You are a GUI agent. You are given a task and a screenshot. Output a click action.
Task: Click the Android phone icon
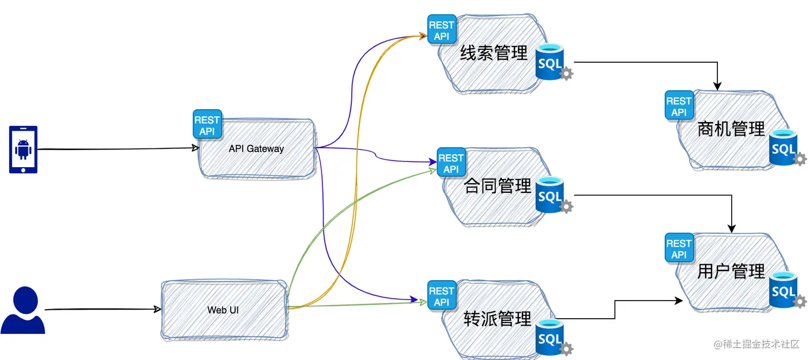pos(23,149)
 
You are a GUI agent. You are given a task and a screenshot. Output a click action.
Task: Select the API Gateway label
pos(256,148)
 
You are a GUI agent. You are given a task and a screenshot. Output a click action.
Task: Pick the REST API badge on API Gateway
pos(207,125)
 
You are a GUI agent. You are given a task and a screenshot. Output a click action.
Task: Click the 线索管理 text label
pos(493,53)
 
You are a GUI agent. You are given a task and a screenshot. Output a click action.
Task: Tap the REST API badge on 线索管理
pos(441,30)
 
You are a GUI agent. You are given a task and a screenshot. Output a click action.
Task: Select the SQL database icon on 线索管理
pos(550,63)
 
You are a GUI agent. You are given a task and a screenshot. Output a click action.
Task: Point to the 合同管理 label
pos(497,186)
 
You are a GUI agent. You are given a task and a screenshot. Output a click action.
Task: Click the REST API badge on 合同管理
pos(451,163)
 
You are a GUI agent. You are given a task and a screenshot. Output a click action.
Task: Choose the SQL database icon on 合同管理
pos(550,196)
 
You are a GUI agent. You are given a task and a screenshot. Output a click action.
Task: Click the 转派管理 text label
pos(497,319)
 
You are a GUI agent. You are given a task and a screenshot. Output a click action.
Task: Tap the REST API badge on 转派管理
pos(441,296)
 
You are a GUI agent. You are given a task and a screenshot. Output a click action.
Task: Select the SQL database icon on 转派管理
pos(550,338)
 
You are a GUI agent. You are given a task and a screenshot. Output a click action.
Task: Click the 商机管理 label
pos(731,129)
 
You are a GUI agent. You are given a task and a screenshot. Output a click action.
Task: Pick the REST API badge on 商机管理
pos(679,106)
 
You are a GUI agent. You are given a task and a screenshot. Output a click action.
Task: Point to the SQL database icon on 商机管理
pos(784,148)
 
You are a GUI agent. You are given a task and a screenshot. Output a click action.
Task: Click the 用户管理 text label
pos(731,272)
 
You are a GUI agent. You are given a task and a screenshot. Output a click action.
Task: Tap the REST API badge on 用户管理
pos(679,249)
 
